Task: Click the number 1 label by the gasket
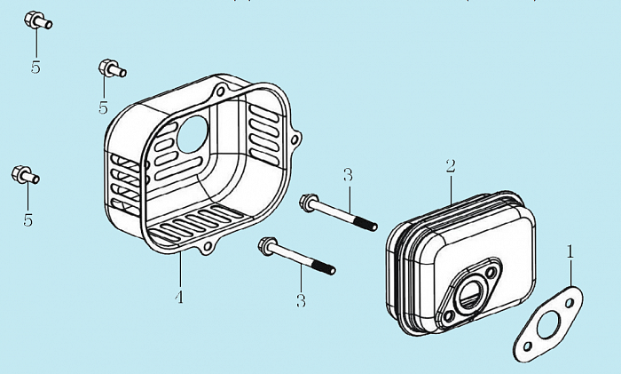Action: (x=570, y=252)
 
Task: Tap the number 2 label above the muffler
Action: (x=451, y=166)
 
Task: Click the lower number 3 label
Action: (x=301, y=300)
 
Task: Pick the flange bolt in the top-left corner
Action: (x=36, y=20)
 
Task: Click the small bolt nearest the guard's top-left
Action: (x=109, y=68)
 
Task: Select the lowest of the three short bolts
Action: (x=24, y=175)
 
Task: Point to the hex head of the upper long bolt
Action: (x=310, y=203)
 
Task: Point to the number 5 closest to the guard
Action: (x=103, y=107)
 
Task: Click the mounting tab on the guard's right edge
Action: (x=297, y=139)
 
